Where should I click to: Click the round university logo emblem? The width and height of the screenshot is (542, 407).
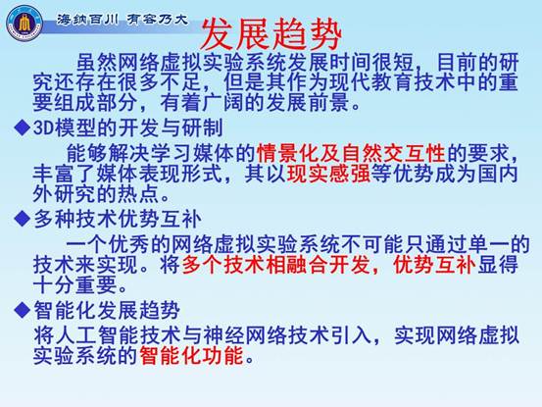click(x=25, y=24)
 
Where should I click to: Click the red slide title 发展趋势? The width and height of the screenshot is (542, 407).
click(x=271, y=34)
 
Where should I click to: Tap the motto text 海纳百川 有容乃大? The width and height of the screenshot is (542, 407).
click(x=123, y=20)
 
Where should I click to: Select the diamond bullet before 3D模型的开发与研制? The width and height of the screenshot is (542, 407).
click(x=23, y=127)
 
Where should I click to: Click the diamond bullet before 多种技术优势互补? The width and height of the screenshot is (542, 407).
click(x=23, y=219)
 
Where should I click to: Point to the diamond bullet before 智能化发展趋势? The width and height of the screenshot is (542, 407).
click(x=23, y=310)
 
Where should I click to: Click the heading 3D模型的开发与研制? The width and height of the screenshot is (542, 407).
click(x=127, y=127)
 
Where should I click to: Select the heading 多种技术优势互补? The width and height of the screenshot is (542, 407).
click(x=118, y=219)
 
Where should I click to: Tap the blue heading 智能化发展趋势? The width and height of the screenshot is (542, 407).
click(x=107, y=310)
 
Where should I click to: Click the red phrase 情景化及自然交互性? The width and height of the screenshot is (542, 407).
click(x=351, y=153)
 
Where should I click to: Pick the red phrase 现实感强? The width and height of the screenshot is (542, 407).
click(x=328, y=174)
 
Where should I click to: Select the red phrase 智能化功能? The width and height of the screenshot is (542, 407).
click(x=192, y=355)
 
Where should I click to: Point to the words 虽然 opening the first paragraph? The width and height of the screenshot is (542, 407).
click(x=97, y=63)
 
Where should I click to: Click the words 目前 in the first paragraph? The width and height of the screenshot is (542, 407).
click(x=458, y=63)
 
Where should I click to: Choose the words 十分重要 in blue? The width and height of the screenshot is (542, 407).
click(x=75, y=285)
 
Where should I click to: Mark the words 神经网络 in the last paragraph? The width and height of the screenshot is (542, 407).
click(x=245, y=334)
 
